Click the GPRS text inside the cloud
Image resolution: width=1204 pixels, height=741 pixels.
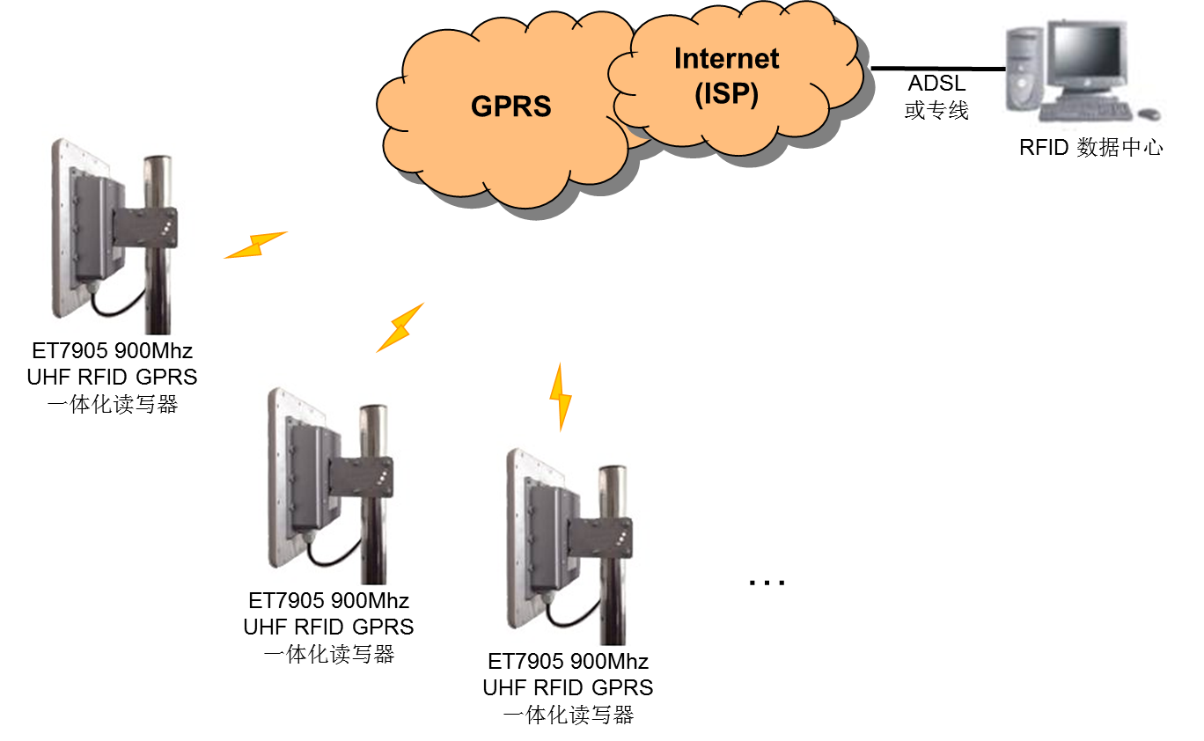point(510,106)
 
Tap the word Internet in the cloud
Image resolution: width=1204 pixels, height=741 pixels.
point(726,59)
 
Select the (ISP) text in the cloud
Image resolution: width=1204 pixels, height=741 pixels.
point(726,93)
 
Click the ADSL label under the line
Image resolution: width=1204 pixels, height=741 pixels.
point(936,84)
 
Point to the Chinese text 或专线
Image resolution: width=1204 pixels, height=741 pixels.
point(936,112)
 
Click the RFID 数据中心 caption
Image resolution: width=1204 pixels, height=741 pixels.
point(1090,148)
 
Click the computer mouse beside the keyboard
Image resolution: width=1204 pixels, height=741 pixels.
point(1149,114)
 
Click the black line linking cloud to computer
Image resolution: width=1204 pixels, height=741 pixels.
point(937,68)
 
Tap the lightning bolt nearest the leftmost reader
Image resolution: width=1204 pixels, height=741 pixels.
point(255,245)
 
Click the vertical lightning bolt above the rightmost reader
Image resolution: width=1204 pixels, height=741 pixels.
point(560,397)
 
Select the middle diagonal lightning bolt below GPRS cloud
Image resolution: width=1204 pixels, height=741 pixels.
point(400,327)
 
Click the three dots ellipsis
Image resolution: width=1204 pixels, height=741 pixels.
point(766,582)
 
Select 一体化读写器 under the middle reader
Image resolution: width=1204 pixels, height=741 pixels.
point(328,654)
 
